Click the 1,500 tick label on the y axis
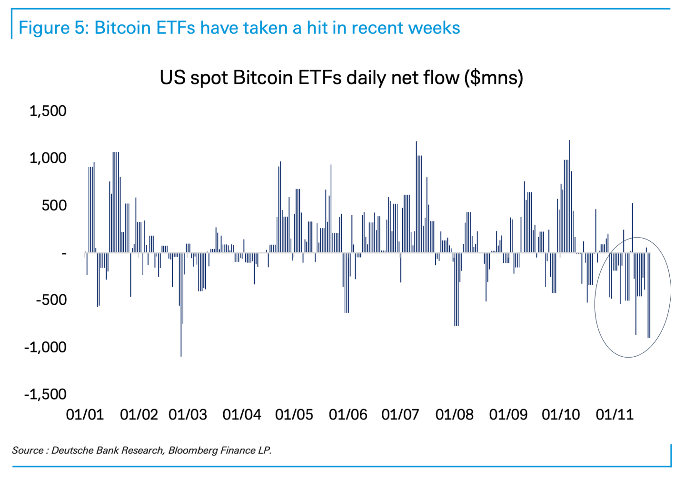click(48, 111)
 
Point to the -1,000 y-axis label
click(46, 347)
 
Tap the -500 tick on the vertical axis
click(51, 300)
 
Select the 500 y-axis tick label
click(53, 206)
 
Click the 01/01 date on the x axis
click(85, 415)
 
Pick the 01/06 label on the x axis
click(348, 415)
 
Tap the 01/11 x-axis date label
click(615, 415)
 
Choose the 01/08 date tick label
click(455, 415)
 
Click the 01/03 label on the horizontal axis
click(188, 415)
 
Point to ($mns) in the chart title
click(494, 78)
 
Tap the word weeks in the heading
click(434, 28)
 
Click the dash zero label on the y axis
click(64, 253)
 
